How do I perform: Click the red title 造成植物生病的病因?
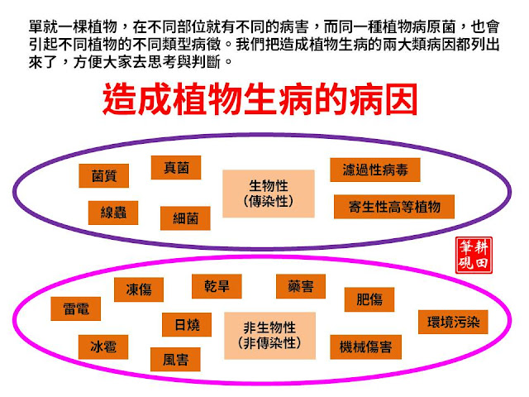(x=261, y=101)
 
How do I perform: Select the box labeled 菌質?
(x=103, y=176)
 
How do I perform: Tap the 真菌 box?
(x=176, y=167)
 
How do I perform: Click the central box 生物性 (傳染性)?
(x=269, y=193)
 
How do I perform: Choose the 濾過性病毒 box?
(x=369, y=170)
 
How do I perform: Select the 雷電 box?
(x=75, y=309)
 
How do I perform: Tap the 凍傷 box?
(x=139, y=289)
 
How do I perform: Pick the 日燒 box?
(x=181, y=323)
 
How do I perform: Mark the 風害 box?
(x=175, y=360)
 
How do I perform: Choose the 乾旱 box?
(x=217, y=286)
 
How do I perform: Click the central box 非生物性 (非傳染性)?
(x=269, y=335)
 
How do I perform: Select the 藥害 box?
(x=301, y=286)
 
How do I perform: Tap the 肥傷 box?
(x=369, y=299)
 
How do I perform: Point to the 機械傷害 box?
(x=366, y=347)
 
